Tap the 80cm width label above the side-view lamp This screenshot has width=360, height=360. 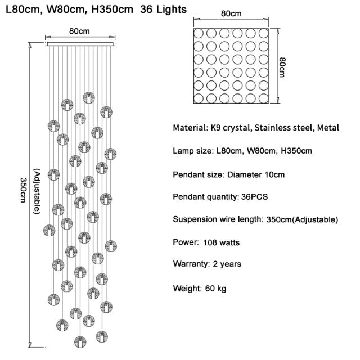79,31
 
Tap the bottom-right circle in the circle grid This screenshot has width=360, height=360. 264,98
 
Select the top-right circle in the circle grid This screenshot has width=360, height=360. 264,31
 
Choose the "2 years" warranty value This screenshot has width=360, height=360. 228,263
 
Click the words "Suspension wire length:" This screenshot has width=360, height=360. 217,219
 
